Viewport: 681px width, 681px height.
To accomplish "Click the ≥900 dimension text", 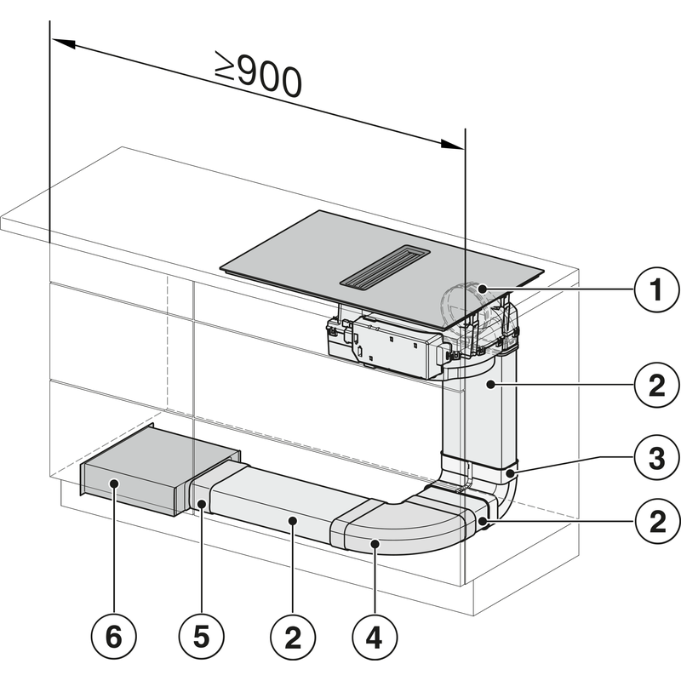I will pos(258,77).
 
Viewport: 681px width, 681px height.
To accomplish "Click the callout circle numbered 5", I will pos(201,636).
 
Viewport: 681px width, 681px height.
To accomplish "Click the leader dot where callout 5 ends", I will pos(201,506).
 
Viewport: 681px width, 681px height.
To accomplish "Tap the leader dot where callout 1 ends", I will pos(483,290).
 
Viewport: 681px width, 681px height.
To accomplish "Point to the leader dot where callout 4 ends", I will pos(374,541).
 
